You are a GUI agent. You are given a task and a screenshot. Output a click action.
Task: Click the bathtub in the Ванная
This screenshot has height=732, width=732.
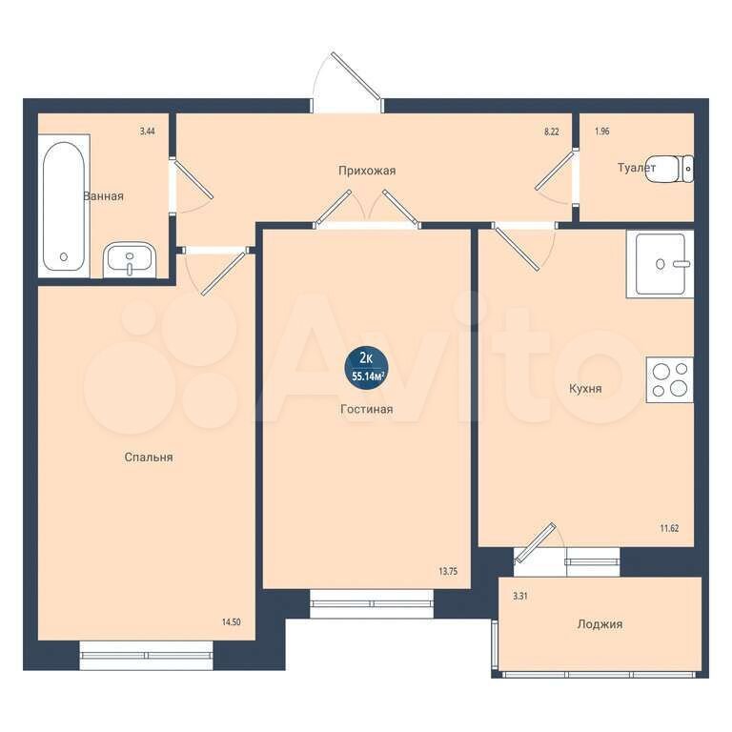pyautogui.click(x=64, y=206)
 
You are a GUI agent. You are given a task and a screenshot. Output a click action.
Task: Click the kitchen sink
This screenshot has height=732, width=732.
pyautogui.click(x=661, y=264)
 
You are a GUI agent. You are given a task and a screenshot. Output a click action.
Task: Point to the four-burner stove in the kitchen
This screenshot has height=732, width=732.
pyautogui.click(x=669, y=380)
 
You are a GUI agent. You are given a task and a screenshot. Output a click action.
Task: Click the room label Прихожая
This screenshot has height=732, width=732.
pyautogui.click(x=367, y=171)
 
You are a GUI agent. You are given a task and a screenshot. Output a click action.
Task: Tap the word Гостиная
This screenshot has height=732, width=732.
pyautogui.click(x=366, y=410)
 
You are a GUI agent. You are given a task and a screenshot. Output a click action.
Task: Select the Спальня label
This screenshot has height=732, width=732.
pyautogui.click(x=149, y=457)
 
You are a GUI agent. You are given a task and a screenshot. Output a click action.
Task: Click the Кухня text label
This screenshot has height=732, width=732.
pyautogui.click(x=585, y=389)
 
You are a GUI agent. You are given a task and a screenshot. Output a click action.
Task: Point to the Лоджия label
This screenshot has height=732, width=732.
pyautogui.click(x=600, y=624)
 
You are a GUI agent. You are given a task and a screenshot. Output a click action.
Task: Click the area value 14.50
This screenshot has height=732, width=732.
pyautogui.click(x=231, y=622)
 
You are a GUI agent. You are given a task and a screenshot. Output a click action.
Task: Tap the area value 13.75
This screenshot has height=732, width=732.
pyautogui.click(x=448, y=571)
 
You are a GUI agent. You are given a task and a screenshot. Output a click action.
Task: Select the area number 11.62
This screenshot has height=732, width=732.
pyautogui.click(x=669, y=528)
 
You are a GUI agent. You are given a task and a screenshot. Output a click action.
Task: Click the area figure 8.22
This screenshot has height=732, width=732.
pyautogui.click(x=551, y=132)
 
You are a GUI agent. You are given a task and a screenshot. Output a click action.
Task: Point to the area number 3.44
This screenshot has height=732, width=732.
pyautogui.click(x=147, y=132)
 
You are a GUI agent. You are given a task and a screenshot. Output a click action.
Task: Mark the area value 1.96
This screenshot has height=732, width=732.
pyautogui.click(x=601, y=132)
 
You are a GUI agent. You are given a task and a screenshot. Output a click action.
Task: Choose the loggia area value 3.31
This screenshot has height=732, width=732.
pyautogui.click(x=520, y=596)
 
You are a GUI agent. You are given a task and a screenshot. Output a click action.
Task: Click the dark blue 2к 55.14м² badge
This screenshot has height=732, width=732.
pyautogui.click(x=367, y=367)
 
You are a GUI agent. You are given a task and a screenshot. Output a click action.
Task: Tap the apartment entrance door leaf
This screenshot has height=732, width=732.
pyautogui.click(x=356, y=75)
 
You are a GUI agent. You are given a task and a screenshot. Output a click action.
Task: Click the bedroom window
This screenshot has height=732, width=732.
pyautogui.click(x=146, y=655)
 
